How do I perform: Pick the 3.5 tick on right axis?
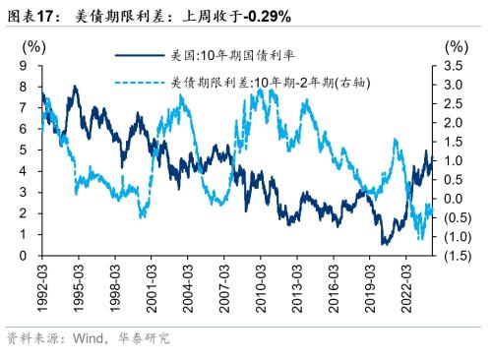455,66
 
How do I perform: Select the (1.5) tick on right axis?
455,256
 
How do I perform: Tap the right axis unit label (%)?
455,46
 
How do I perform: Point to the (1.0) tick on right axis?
455,237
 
